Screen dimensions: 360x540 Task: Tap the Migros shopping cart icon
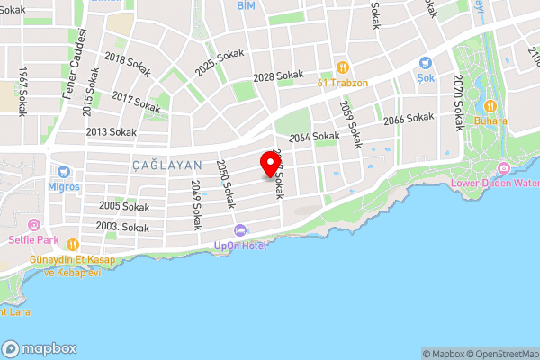click(x=64, y=171)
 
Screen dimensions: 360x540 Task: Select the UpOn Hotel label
click(x=241, y=246)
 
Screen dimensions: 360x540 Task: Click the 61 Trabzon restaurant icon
click(x=342, y=67)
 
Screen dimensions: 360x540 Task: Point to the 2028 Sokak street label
click(x=278, y=77)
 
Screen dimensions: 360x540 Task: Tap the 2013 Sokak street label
click(x=111, y=131)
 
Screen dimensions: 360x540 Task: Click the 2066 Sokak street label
click(x=409, y=119)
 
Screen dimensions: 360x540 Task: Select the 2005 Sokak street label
click(x=124, y=206)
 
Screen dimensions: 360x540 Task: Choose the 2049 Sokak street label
click(x=195, y=203)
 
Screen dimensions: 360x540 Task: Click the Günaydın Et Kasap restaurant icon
click(x=72, y=244)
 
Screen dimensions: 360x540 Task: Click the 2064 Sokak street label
click(x=314, y=136)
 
